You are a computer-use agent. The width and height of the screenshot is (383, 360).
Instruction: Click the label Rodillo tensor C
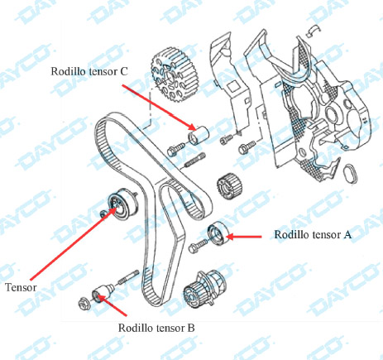click(x=89, y=72)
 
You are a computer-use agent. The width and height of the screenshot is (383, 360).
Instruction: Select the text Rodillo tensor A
click(x=313, y=235)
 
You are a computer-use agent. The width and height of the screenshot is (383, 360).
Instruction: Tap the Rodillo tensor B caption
click(x=156, y=328)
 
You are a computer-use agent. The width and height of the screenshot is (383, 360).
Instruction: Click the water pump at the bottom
click(x=204, y=294)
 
